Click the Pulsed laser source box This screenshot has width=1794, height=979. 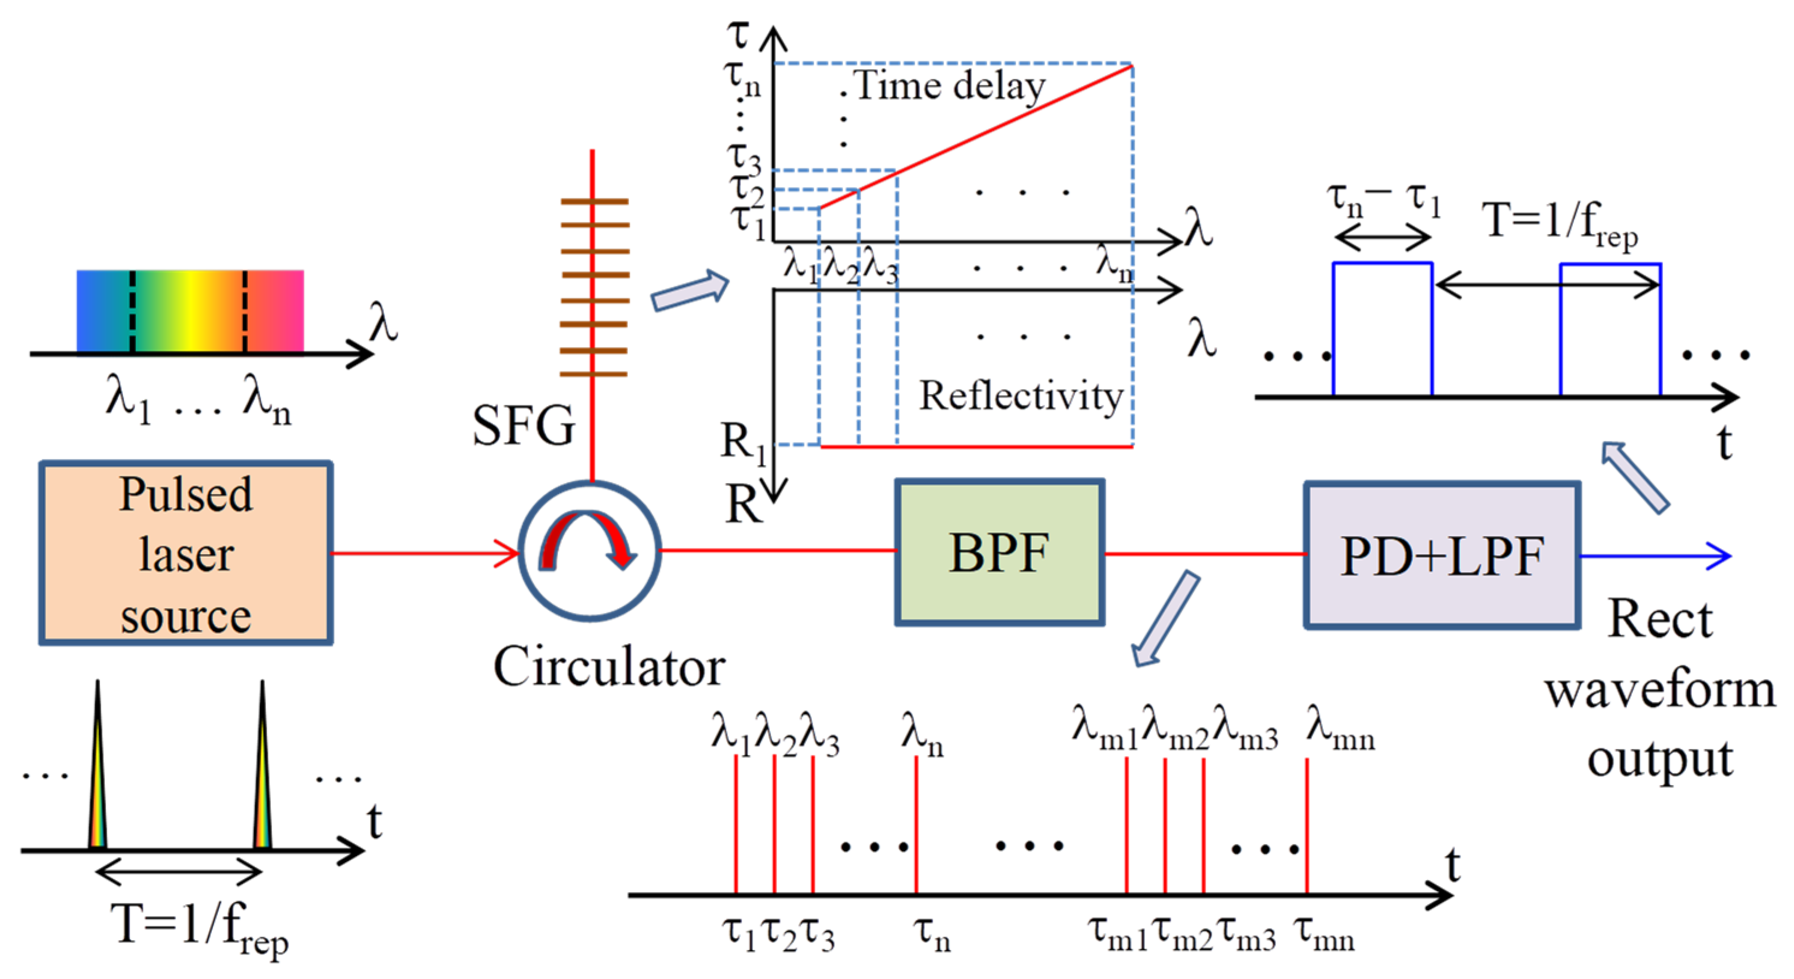pos(185,553)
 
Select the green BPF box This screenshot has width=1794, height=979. pos(999,552)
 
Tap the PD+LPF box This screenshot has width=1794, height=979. pos(1442,555)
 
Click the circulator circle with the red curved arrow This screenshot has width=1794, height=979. pos(589,550)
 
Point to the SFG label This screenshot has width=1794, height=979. pos(523,425)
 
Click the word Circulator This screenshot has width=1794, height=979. pos(609,667)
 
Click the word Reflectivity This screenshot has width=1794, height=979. pos(1021,396)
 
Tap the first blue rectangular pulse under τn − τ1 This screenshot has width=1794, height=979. pos(1382,329)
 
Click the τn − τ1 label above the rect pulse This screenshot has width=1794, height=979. pos(1383,201)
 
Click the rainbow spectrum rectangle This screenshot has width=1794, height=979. pos(189,311)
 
